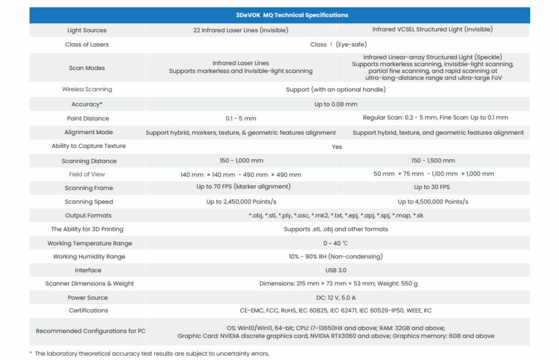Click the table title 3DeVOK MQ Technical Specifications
pos(279,15)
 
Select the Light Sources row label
pos(87,31)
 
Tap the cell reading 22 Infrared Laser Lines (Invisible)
pos(241,30)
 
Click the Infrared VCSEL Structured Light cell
pos(432,29)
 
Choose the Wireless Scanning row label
pos(87,89)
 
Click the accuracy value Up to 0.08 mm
pos(336,104)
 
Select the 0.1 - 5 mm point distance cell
pos(241,118)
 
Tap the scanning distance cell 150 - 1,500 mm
pos(433,161)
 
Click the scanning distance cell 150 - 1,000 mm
pos(241,161)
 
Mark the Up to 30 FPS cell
pos(432,188)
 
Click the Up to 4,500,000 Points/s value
pos(433,202)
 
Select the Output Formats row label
pos(88,216)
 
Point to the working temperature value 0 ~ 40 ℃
pos(335,243)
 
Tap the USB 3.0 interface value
pos(336,271)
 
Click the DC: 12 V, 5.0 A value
pos(336,297)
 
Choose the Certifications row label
pos(88,311)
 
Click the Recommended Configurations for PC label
pos(91,331)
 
